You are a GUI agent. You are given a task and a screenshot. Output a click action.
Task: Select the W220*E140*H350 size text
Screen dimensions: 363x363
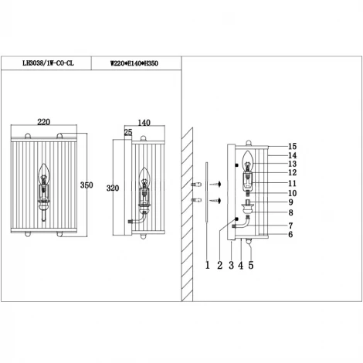[136, 64]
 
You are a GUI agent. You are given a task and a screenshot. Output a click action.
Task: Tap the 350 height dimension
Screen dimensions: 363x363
[88, 185]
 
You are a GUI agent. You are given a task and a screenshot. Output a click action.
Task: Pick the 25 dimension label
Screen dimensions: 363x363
[127, 133]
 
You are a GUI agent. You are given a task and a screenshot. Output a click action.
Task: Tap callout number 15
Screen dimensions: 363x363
[292, 146]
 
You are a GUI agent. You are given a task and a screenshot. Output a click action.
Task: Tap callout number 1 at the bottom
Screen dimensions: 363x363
[207, 265]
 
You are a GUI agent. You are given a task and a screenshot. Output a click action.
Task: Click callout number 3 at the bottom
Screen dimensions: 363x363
[231, 265]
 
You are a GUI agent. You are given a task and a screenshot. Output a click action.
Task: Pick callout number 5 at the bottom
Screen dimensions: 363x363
[251, 265]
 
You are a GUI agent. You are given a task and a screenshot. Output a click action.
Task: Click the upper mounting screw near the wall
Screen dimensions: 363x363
[218, 183]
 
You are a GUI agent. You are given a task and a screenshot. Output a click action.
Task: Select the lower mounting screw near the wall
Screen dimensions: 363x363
[218, 199]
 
